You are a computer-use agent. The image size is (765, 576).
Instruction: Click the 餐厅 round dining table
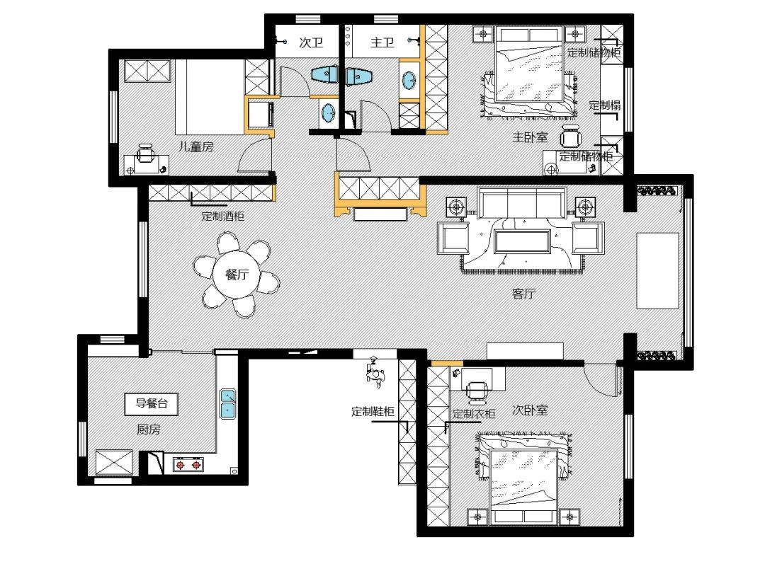tap(237, 275)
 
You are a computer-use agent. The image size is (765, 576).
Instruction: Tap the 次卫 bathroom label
tap(311, 43)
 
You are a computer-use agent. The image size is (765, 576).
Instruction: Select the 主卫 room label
tap(382, 43)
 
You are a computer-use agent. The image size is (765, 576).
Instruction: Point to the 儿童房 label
tap(195, 146)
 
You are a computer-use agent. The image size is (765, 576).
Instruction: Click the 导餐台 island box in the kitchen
tap(152, 404)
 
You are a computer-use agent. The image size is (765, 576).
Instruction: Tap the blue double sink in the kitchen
tap(227, 404)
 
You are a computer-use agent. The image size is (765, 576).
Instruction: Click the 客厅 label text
tap(524, 294)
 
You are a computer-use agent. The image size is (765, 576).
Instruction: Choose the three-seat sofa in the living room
tap(522, 204)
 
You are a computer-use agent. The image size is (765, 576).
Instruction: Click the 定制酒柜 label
tap(223, 216)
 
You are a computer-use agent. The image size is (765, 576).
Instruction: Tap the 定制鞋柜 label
tap(373, 411)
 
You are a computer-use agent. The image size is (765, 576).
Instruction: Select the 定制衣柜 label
tap(474, 414)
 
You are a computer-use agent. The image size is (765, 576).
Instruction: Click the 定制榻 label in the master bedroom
tap(604, 105)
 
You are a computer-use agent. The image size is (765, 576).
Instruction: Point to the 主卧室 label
tap(530, 137)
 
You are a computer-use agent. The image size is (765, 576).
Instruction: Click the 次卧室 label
tap(530, 410)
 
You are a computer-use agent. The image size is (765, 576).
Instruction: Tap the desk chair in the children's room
tap(145, 154)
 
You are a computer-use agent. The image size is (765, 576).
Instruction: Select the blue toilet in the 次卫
tap(325, 75)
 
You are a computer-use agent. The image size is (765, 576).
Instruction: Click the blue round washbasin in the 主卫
tap(409, 80)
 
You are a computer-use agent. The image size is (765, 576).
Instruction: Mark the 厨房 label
tap(148, 430)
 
